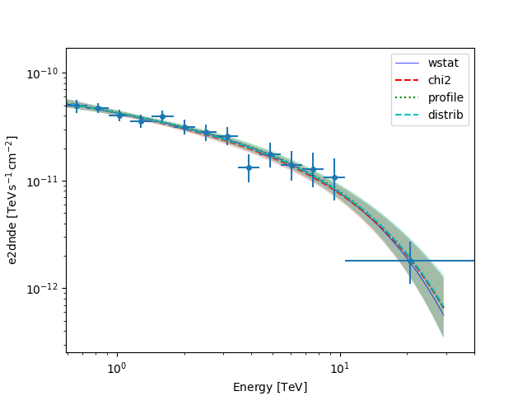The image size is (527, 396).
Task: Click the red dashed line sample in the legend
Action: (409, 81)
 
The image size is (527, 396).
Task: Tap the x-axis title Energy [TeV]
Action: (270, 387)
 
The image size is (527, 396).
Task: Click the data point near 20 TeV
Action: (410, 261)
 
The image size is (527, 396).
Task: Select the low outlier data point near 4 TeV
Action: (249, 167)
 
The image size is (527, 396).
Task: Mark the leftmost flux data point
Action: (77, 106)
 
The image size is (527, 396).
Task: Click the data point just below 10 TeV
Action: (334, 177)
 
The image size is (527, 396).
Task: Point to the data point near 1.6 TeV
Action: (162, 117)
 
